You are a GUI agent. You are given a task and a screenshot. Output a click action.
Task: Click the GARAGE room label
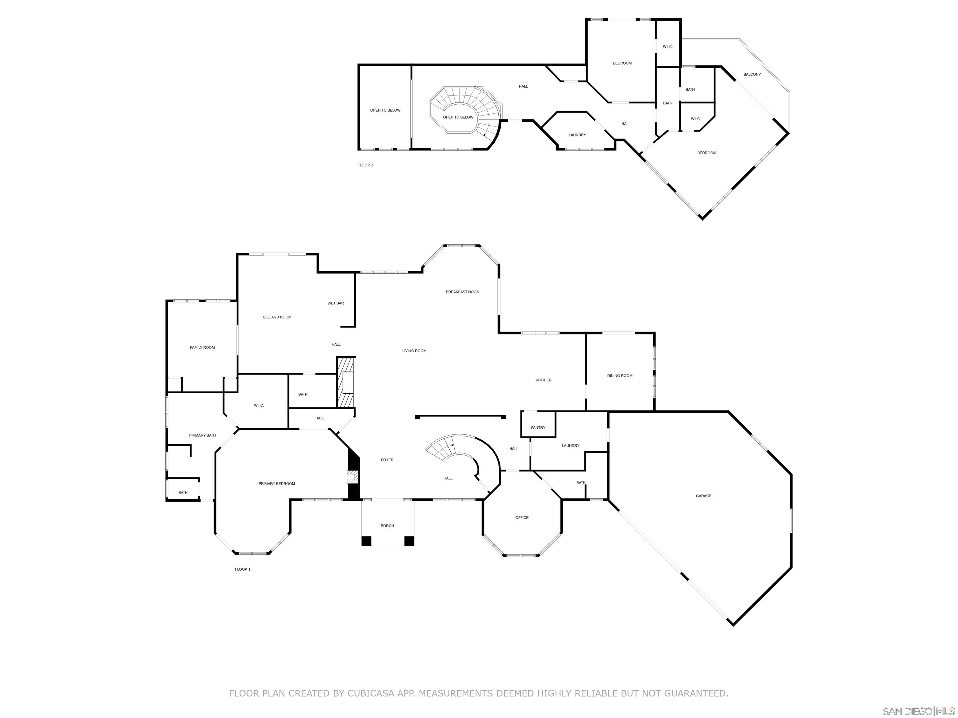pos(703,496)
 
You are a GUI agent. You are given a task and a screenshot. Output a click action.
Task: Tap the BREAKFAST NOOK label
pos(462,292)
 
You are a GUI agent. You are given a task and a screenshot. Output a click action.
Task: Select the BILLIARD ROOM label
pos(277,317)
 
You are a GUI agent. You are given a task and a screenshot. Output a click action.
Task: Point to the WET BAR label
pos(336,304)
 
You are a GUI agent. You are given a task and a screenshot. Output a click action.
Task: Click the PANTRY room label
pos(538,428)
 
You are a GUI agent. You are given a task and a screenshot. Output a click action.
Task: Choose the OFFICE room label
pos(521,518)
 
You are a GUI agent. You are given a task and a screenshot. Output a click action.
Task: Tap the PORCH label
pos(387,526)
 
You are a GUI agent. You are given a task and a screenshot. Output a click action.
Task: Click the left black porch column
pos(366,541)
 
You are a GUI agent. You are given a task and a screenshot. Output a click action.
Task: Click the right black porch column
pos(409,541)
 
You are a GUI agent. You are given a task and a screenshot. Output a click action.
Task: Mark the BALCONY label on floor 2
pos(752,74)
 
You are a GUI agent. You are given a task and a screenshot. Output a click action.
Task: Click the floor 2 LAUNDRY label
pos(577,135)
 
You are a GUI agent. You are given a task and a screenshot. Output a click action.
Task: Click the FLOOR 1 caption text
pos(243,570)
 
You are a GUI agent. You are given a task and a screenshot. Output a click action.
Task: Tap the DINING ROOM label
pos(619,376)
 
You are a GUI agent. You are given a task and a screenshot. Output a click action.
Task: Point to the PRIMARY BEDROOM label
pos(276,484)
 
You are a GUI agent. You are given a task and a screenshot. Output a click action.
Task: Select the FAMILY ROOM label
pos(202,347)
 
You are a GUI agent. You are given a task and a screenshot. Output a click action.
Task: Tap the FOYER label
pos(387,460)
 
